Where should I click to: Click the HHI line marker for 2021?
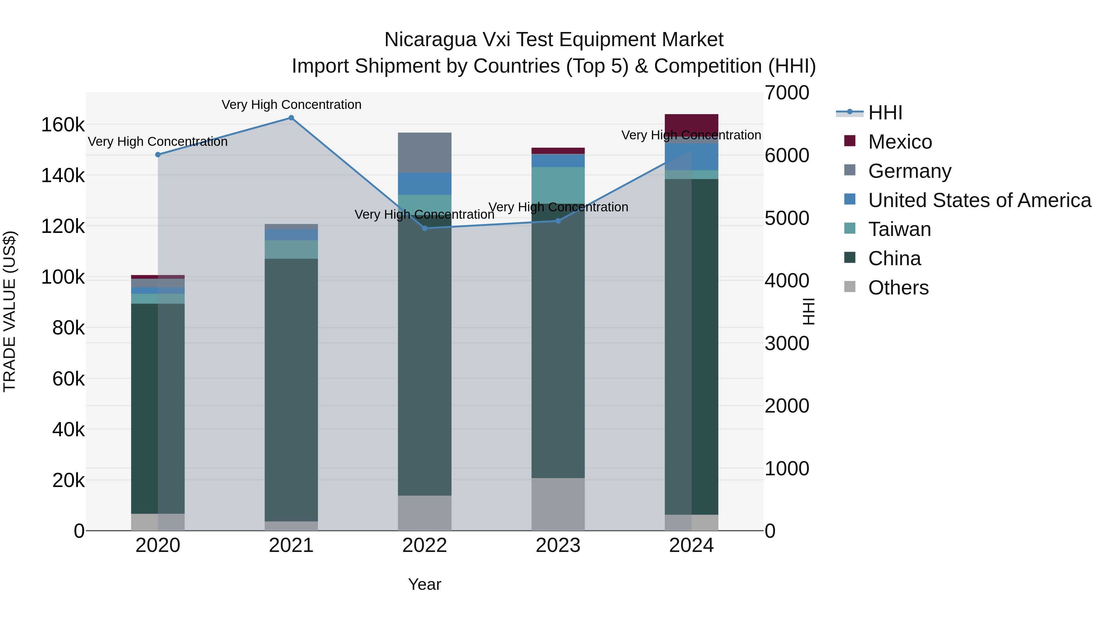291,118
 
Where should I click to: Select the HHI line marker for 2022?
424,228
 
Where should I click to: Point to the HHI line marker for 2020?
158,155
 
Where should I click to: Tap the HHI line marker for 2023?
558,221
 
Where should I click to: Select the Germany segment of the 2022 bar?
424,153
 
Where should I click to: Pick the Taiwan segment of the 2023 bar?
558,185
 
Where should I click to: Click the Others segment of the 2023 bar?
558,504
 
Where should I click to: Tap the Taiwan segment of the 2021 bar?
291,250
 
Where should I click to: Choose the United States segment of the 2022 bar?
424,184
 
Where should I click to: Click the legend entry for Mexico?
900,142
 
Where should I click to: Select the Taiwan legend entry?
899,229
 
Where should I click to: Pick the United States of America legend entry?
979,200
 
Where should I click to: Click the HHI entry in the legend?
885,113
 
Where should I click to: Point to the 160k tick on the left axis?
63,125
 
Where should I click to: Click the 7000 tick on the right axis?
787,93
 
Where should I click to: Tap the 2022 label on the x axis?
424,545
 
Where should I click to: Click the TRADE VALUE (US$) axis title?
10,311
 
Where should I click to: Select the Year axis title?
424,584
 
